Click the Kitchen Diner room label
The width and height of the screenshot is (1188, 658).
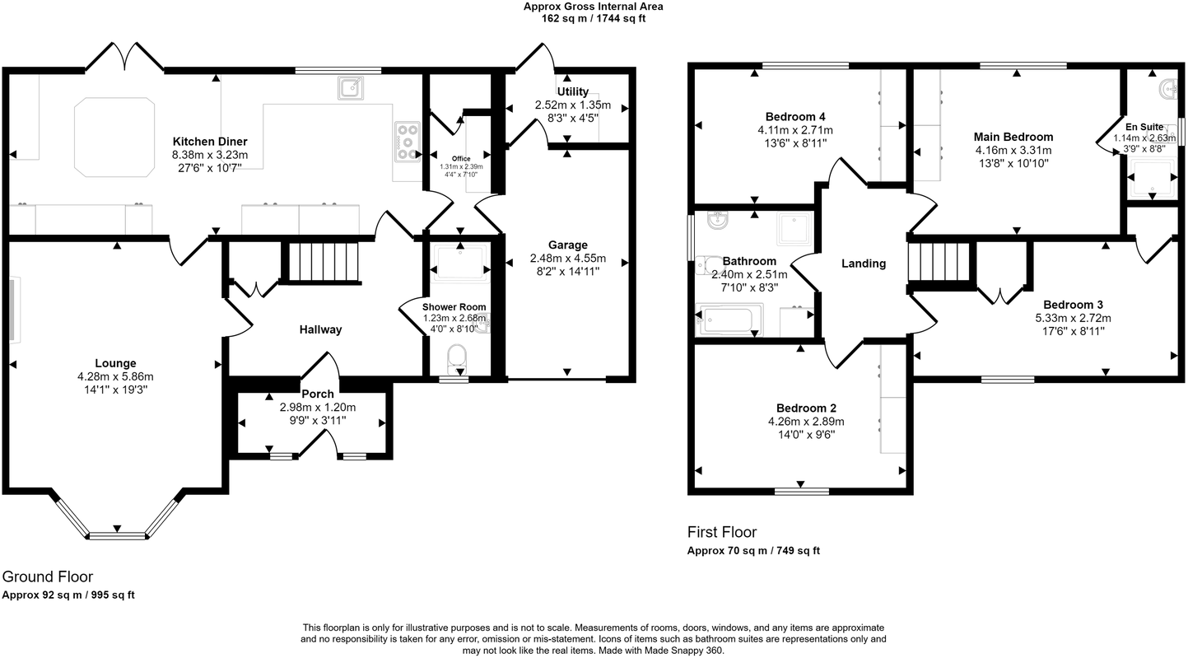[x=209, y=142]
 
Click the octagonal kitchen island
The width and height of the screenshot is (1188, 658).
[x=114, y=137]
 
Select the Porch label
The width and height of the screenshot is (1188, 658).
[x=317, y=394]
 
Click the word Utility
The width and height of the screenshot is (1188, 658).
[x=572, y=91]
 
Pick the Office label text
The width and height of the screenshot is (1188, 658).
[x=461, y=158]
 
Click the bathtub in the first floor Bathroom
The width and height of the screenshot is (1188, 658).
[x=729, y=320]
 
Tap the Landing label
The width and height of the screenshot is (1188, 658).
[x=863, y=264]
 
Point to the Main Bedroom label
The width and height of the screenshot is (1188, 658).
[x=1013, y=137]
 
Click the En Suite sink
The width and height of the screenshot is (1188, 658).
[x=1168, y=87]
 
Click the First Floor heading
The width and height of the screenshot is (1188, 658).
[x=721, y=532]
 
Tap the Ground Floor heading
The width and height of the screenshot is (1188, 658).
[x=47, y=576]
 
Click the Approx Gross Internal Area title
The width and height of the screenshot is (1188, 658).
[x=593, y=7]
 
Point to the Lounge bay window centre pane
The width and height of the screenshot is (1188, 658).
[x=118, y=535]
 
